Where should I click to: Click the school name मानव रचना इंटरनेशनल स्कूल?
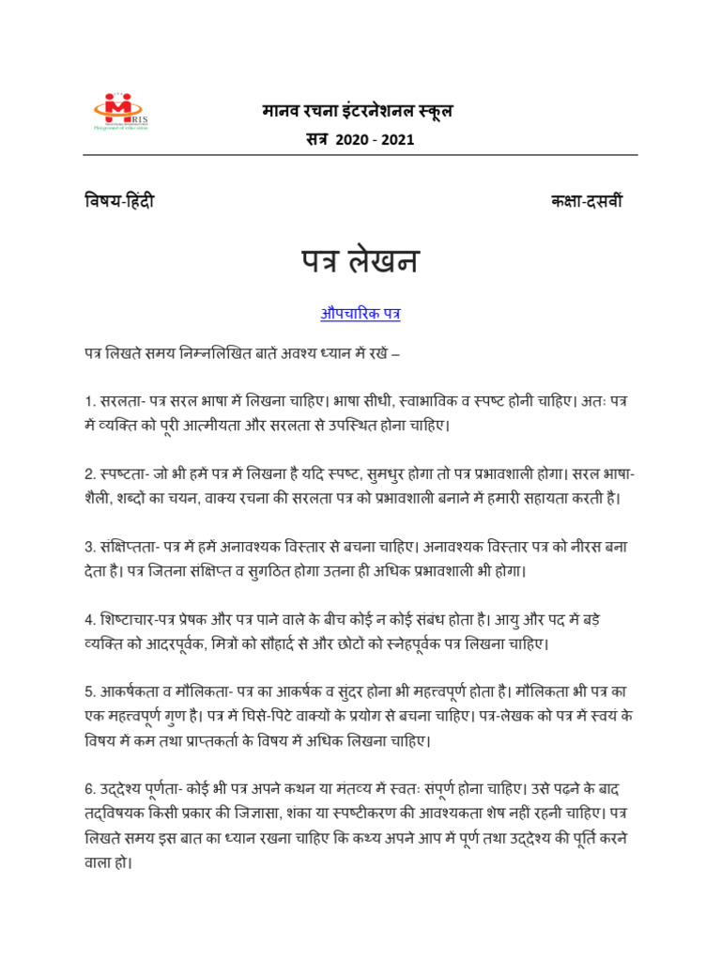tap(357, 112)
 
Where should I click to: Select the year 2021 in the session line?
tap(397, 140)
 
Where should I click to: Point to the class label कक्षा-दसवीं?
tap(586, 202)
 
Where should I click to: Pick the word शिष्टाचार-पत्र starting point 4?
tap(138, 620)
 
